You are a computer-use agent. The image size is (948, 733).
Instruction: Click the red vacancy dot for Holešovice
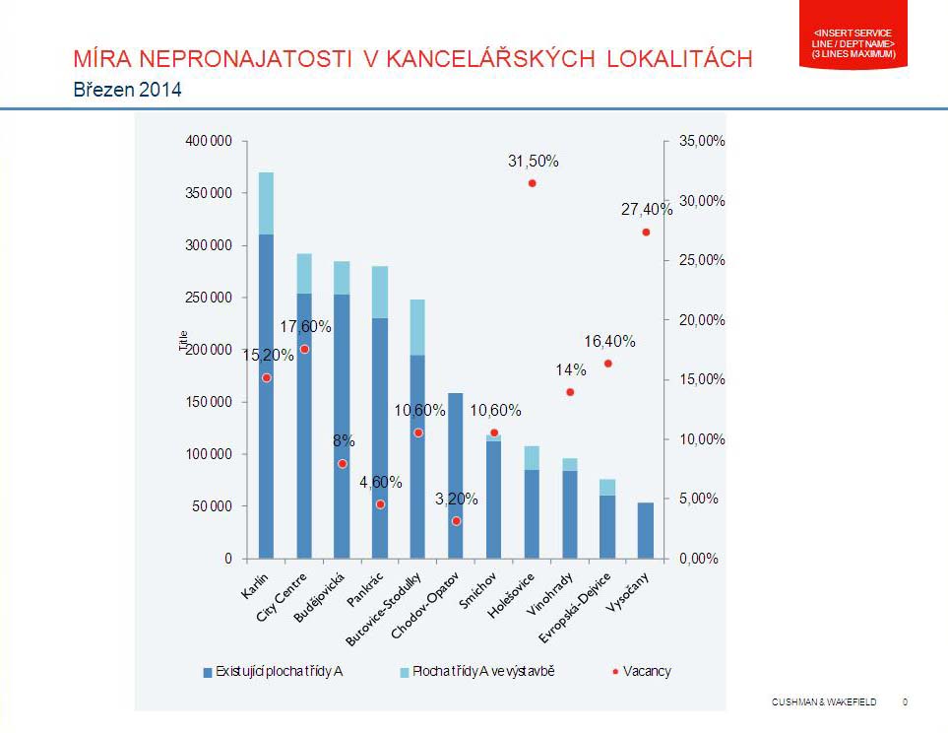coord(532,183)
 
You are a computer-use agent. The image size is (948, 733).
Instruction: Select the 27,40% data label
coord(646,210)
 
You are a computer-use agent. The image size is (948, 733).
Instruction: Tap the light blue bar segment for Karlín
coord(266,203)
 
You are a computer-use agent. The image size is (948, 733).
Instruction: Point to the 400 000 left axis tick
coord(208,141)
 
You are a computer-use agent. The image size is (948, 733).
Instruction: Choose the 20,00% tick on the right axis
coord(702,319)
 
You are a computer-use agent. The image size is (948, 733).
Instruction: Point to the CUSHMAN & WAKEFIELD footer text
coord(823,701)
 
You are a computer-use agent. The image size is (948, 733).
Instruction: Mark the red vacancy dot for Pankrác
coord(380,504)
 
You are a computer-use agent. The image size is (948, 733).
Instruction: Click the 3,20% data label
coord(457,500)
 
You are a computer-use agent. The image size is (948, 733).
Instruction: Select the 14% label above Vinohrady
coord(571,370)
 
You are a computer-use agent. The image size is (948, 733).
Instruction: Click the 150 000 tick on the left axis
coord(208,402)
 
